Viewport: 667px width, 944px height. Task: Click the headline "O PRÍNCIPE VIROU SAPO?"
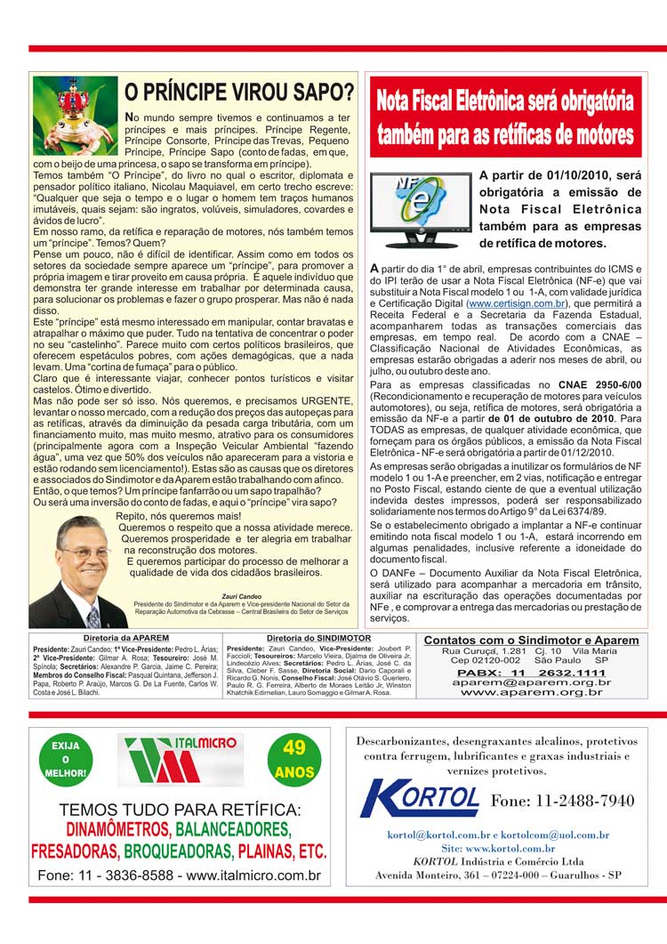tap(238, 92)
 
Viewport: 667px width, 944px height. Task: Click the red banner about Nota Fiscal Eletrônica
tap(505, 117)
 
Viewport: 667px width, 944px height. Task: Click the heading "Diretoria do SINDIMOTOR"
tap(317, 639)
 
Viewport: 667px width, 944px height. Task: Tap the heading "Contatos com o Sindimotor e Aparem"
tap(531, 641)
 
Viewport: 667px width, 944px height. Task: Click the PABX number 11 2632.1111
tap(531, 673)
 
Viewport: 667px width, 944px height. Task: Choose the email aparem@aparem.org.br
tap(531, 682)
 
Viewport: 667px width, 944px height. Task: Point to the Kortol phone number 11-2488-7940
tap(562, 801)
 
